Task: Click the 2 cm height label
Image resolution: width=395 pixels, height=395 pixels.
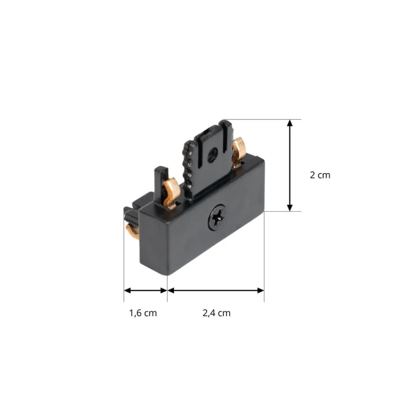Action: pos(320,175)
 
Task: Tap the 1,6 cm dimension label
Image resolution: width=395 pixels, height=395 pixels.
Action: pos(143,313)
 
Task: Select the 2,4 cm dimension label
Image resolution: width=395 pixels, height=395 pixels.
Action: pos(216,313)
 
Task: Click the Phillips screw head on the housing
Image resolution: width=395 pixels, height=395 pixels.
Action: pos(217,217)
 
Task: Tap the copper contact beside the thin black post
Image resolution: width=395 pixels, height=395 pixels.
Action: pos(171,193)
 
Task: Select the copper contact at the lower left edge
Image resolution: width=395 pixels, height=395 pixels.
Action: pos(132,231)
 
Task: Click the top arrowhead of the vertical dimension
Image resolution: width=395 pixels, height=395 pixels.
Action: pos(290,123)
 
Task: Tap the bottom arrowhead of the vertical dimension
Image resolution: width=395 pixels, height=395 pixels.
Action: pos(290,208)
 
